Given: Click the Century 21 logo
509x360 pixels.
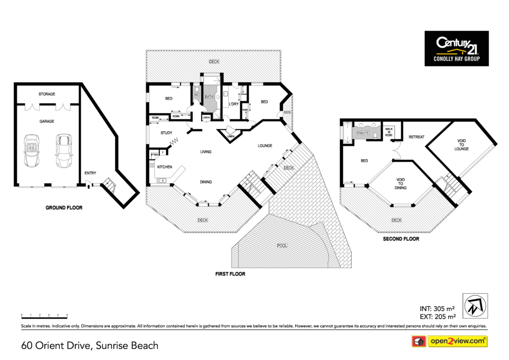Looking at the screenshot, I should pyautogui.click(x=456, y=48).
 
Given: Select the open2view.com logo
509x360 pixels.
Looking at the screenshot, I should pyautogui.click(x=449, y=341).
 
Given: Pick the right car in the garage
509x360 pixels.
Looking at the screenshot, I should pyautogui.click(x=64, y=151).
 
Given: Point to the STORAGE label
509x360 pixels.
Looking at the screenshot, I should pyautogui.click(x=47, y=94).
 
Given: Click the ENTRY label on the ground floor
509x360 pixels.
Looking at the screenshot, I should pyautogui.click(x=90, y=173).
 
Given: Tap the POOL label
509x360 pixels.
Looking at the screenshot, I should pyautogui.click(x=282, y=246).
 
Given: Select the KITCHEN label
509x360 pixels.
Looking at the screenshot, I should pyautogui.click(x=165, y=167).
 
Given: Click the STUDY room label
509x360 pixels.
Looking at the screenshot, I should pyautogui.click(x=166, y=133).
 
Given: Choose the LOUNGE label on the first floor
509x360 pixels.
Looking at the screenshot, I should pyautogui.click(x=265, y=146).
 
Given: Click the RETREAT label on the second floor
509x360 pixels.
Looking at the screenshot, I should pyautogui.click(x=417, y=137).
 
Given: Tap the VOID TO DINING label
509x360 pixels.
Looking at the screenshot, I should pyautogui.click(x=401, y=183).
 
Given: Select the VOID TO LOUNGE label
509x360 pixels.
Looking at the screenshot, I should pyautogui.click(x=462, y=145).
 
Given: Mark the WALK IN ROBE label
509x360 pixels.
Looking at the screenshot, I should pyautogui.click(x=389, y=132).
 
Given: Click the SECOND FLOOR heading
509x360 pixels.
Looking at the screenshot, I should pyautogui.click(x=401, y=239).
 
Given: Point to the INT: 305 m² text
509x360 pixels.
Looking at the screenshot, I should pyautogui.click(x=438, y=308).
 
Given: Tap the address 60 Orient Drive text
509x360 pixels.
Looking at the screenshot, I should pyautogui.click(x=89, y=345).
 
